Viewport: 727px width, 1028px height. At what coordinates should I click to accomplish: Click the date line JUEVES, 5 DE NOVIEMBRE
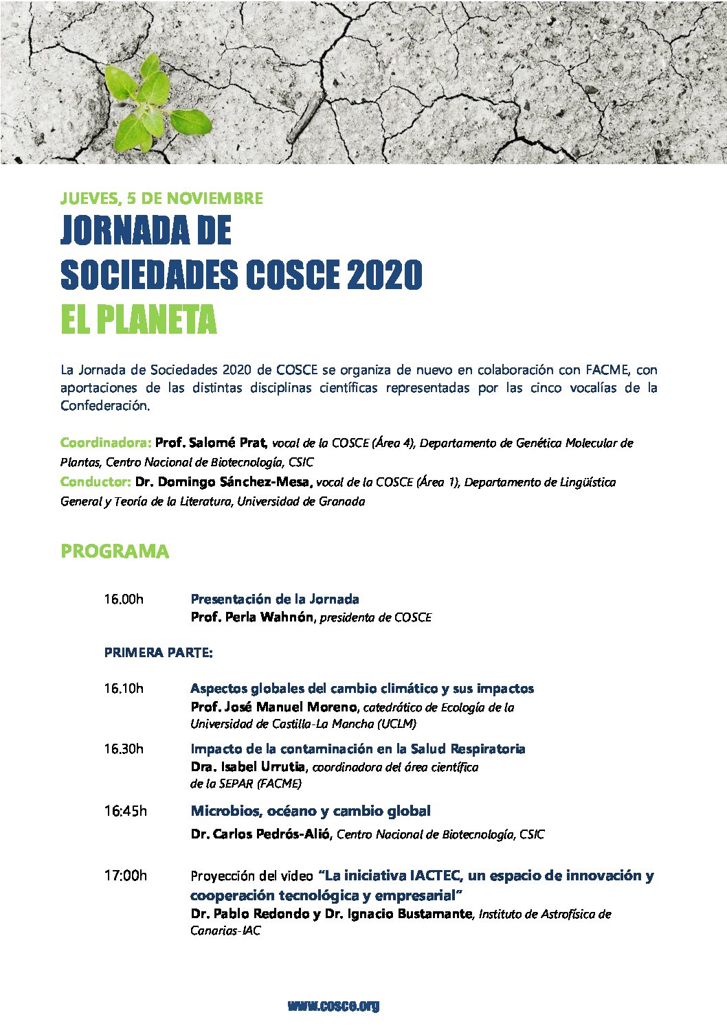pyautogui.click(x=161, y=198)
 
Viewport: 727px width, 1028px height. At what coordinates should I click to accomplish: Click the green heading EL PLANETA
pyautogui.click(x=138, y=319)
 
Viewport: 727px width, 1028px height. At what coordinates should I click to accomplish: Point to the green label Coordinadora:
pyautogui.click(x=106, y=442)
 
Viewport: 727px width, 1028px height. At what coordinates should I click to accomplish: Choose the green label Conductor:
pyautogui.click(x=96, y=481)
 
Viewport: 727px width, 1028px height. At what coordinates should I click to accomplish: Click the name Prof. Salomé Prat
pyautogui.click(x=211, y=442)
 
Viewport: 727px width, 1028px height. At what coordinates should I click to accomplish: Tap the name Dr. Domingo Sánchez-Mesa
pyautogui.click(x=223, y=481)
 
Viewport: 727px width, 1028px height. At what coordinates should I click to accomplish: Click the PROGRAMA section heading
pyautogui.click(x=115, y=551)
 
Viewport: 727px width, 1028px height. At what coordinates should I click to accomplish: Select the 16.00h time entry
pyautogui.click(x=124, y=599)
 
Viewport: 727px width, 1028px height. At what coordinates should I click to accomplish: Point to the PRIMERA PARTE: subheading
pyautogui.click(x=158, y=652)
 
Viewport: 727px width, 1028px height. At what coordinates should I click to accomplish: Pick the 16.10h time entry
pyautogui.click(x=124, y=688)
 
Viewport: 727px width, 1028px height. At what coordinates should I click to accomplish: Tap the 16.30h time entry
pyautogui.click(x=124, y=749)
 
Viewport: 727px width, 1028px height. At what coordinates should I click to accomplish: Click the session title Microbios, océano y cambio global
pyautogui.click(x=311, y=811)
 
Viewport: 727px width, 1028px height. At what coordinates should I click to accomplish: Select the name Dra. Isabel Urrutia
pyautogui.click(x=247, y=767)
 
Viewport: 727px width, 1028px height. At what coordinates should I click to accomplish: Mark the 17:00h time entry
pyautogui.click(x=125, y=876)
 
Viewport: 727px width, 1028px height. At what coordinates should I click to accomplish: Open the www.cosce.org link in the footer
pyautogui.click(x=333, y=1006)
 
